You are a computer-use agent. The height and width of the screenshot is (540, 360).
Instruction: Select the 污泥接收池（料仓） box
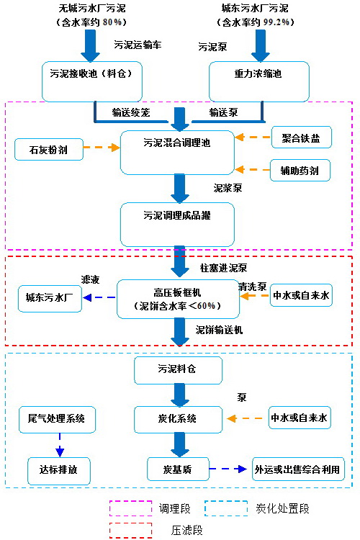pos(91,81)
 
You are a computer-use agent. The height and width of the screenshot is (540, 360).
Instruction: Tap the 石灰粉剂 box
pos(49,149)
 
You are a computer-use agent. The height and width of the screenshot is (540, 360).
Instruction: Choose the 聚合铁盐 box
pos(300,138)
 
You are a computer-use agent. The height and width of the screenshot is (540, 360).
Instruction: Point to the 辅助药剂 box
pos(300,170)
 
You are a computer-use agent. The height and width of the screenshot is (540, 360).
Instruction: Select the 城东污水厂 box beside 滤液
pos(50,298)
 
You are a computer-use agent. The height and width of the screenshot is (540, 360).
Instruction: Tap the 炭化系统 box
pos(177,418)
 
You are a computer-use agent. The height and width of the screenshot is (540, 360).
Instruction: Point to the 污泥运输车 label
pos(138,45)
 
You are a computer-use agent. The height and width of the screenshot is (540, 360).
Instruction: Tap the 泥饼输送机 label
pos(220,330)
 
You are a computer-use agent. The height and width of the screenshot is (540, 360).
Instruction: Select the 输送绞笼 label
pos(130,112)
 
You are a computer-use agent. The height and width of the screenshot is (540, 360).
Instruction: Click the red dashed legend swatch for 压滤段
pos(130,529)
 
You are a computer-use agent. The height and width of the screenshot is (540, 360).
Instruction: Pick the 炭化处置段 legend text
pos(282,509)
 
